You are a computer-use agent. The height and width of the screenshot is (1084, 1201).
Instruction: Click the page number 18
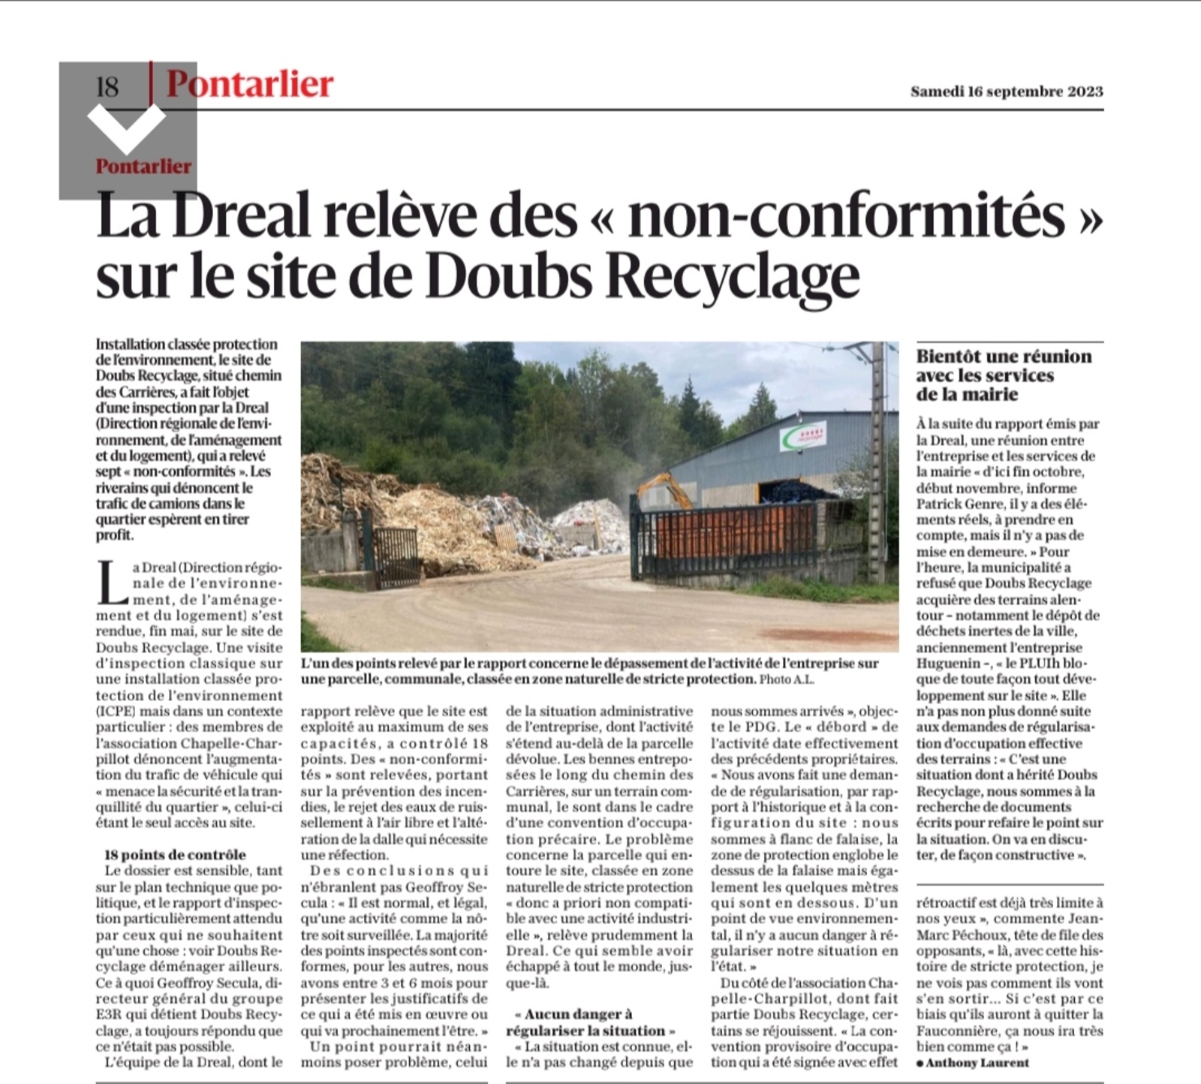point(108,87)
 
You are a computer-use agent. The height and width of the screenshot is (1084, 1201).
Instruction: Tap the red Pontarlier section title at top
point(250,83)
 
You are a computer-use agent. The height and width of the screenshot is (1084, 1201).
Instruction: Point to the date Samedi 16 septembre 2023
point(1006,92)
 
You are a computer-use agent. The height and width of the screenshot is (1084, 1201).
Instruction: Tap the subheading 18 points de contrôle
point(175,854)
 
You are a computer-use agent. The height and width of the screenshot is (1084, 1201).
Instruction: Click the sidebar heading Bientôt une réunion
point(1004,357)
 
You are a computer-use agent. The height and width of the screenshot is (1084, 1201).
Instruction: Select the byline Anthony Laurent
point(977,1062)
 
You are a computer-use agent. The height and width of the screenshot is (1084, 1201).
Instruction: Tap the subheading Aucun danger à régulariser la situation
point(591,1022)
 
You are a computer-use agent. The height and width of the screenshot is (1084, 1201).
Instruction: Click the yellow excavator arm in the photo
point(665,486)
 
